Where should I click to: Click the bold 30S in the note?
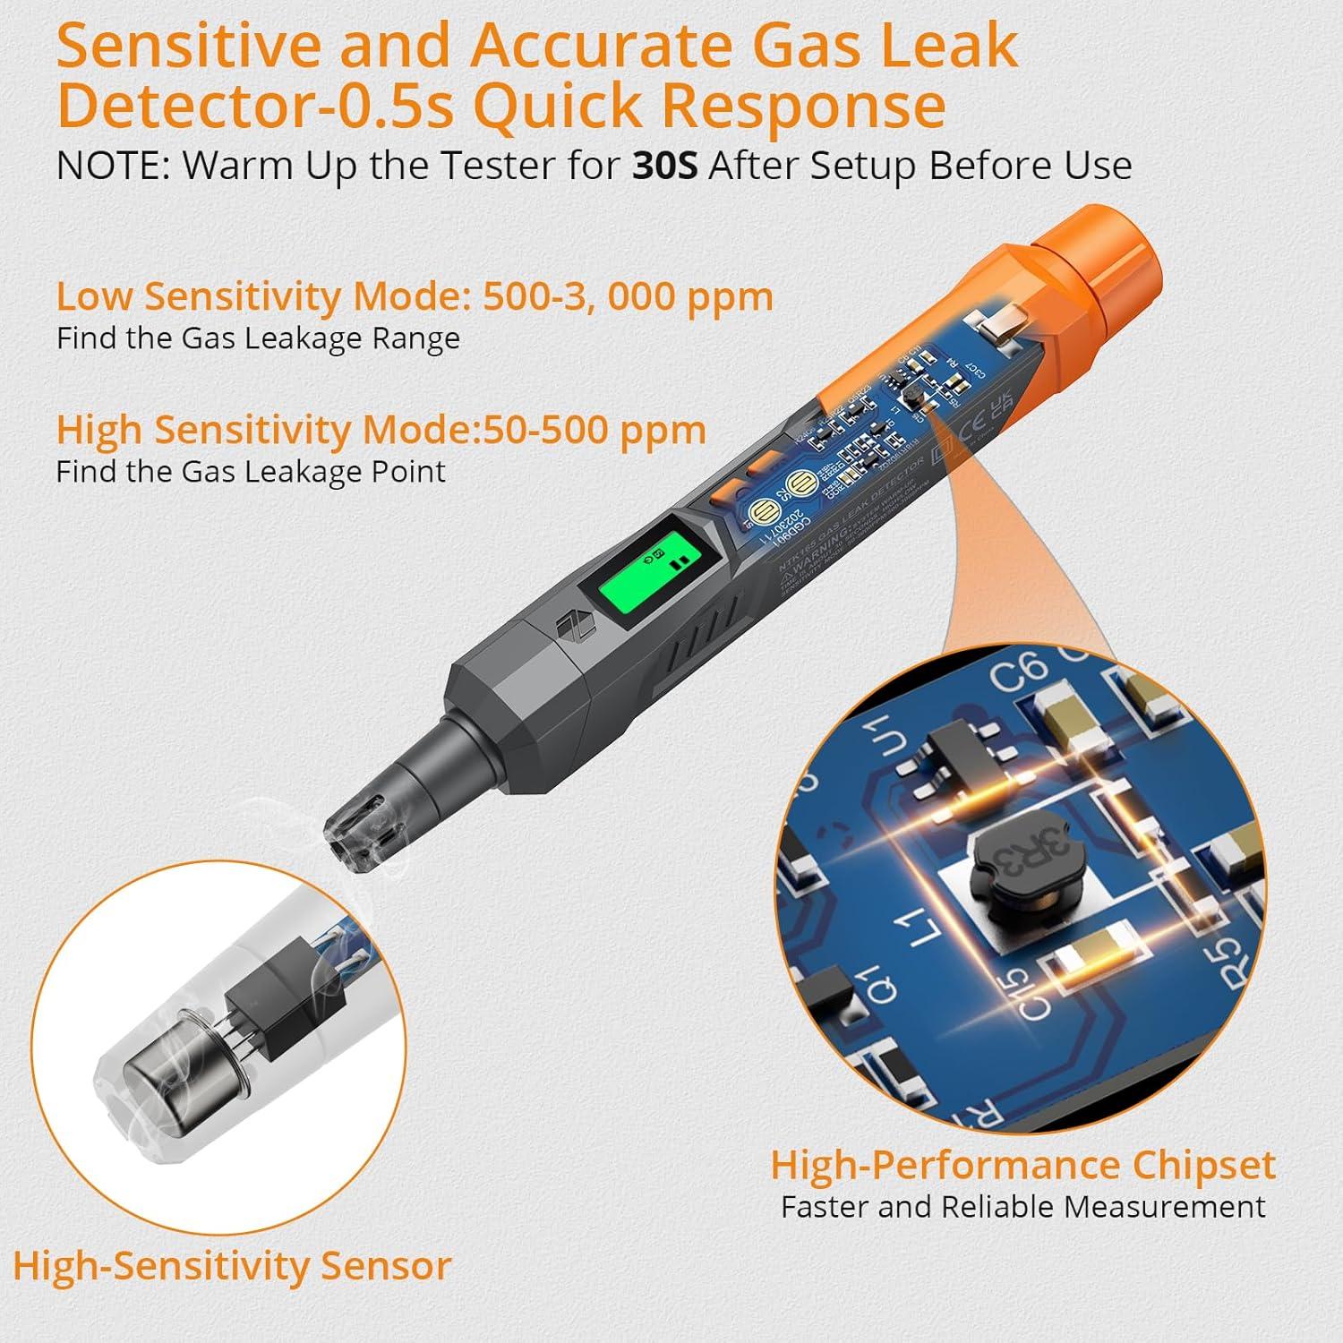(x=664, y=166)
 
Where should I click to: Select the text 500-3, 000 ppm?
(x=628, y=295)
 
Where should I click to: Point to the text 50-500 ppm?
(x=594, y=430)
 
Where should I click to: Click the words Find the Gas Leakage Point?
(x=251, y=472)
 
